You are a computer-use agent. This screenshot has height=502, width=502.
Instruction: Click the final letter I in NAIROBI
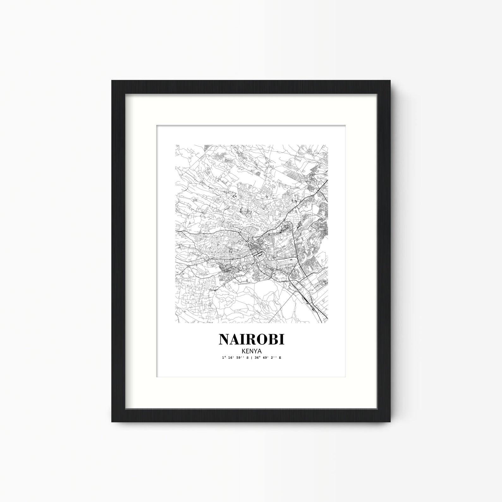[x=281, y=339]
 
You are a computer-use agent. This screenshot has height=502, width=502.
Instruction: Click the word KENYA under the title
[x=251, y=351]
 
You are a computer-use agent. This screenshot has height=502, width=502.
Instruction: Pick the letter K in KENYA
[x=243, y=351]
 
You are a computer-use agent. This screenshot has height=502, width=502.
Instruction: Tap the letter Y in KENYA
[x=255, y=351]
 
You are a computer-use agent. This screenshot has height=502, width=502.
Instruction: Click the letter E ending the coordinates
[x=279, y=358]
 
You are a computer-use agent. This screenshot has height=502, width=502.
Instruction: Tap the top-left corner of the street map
[x=176, y=145]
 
